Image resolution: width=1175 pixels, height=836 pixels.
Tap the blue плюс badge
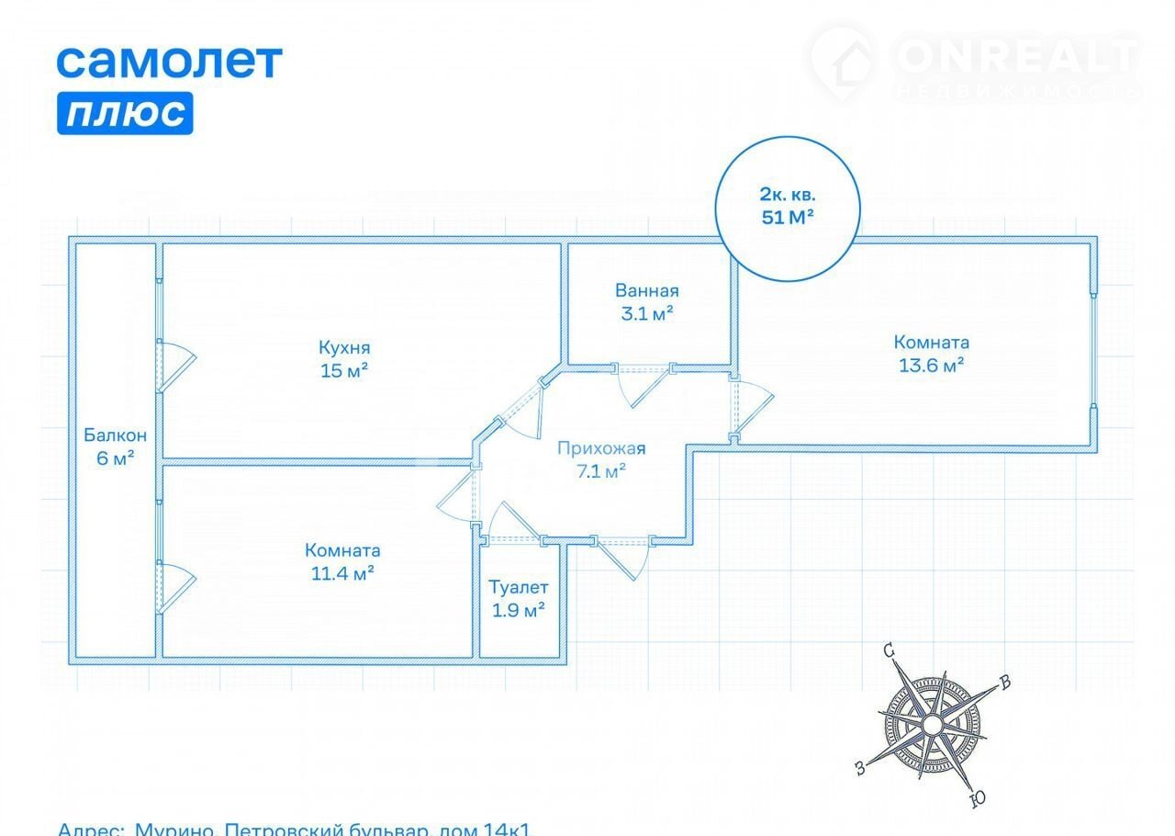[x=125, y=113]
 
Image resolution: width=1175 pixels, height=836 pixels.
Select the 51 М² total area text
[x=789, y=218]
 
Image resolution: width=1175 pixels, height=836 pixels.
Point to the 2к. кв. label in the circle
[x=788, y=195]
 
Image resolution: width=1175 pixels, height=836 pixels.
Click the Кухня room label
[x=344, y=347]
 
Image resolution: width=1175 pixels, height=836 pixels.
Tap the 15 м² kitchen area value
[x=344, y=371]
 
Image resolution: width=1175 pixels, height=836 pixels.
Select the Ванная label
[x=647, y=291]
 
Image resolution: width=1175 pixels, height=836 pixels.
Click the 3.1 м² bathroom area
[x=647, y=313]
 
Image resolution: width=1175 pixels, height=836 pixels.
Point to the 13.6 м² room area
[x=932, y=365]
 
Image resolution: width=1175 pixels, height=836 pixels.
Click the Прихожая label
[x=601, y=448]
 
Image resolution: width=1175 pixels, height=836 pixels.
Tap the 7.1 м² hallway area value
[x=601, y=471]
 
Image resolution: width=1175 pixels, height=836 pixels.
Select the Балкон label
[x=115, y=435]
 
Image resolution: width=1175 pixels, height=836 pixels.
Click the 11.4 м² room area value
[x=342, y=574]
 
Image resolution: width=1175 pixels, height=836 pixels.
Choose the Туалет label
[x=519, y=586]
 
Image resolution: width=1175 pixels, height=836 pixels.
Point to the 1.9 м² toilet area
[x=519, y=609]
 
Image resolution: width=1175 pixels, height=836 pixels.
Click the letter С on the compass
[x=889, y=650]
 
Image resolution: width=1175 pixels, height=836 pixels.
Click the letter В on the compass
[x=1005, y=682]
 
